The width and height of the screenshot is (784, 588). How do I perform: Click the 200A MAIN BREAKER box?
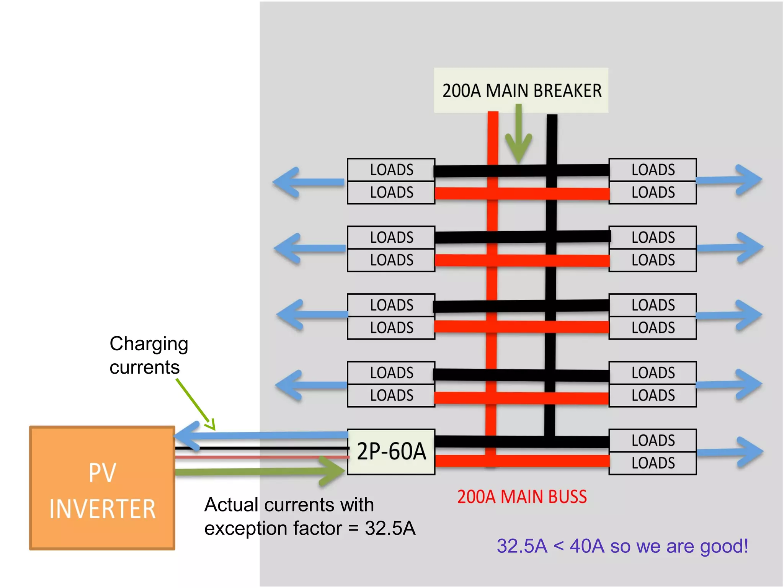[521, 90]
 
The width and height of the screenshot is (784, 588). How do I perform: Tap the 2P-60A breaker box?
[391, 452]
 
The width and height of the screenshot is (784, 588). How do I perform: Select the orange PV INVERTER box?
[102, 488]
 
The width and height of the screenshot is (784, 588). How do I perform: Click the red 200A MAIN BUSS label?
[522, 497]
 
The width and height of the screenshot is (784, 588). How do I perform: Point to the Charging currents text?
[149, 355]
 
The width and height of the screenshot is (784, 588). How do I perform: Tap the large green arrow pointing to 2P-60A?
[260, 471]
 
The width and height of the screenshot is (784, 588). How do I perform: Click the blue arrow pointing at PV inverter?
[260, 436]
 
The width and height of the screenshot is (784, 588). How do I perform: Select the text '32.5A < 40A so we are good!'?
[622, 546]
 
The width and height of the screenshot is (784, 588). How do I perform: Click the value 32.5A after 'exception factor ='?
[390, 528]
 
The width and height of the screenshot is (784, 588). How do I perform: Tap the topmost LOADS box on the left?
[391, 170]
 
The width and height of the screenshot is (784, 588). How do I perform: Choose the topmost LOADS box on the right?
[653, 170]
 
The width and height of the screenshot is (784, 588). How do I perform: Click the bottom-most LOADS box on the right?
[653, 463]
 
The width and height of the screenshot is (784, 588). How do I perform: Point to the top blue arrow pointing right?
[729, 180]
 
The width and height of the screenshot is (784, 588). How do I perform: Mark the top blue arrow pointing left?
[308, 182]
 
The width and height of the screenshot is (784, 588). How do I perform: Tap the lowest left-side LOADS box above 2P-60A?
[391, 395]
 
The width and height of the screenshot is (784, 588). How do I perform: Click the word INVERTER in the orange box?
[102, 509]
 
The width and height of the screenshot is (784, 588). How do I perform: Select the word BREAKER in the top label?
[567, 91]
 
